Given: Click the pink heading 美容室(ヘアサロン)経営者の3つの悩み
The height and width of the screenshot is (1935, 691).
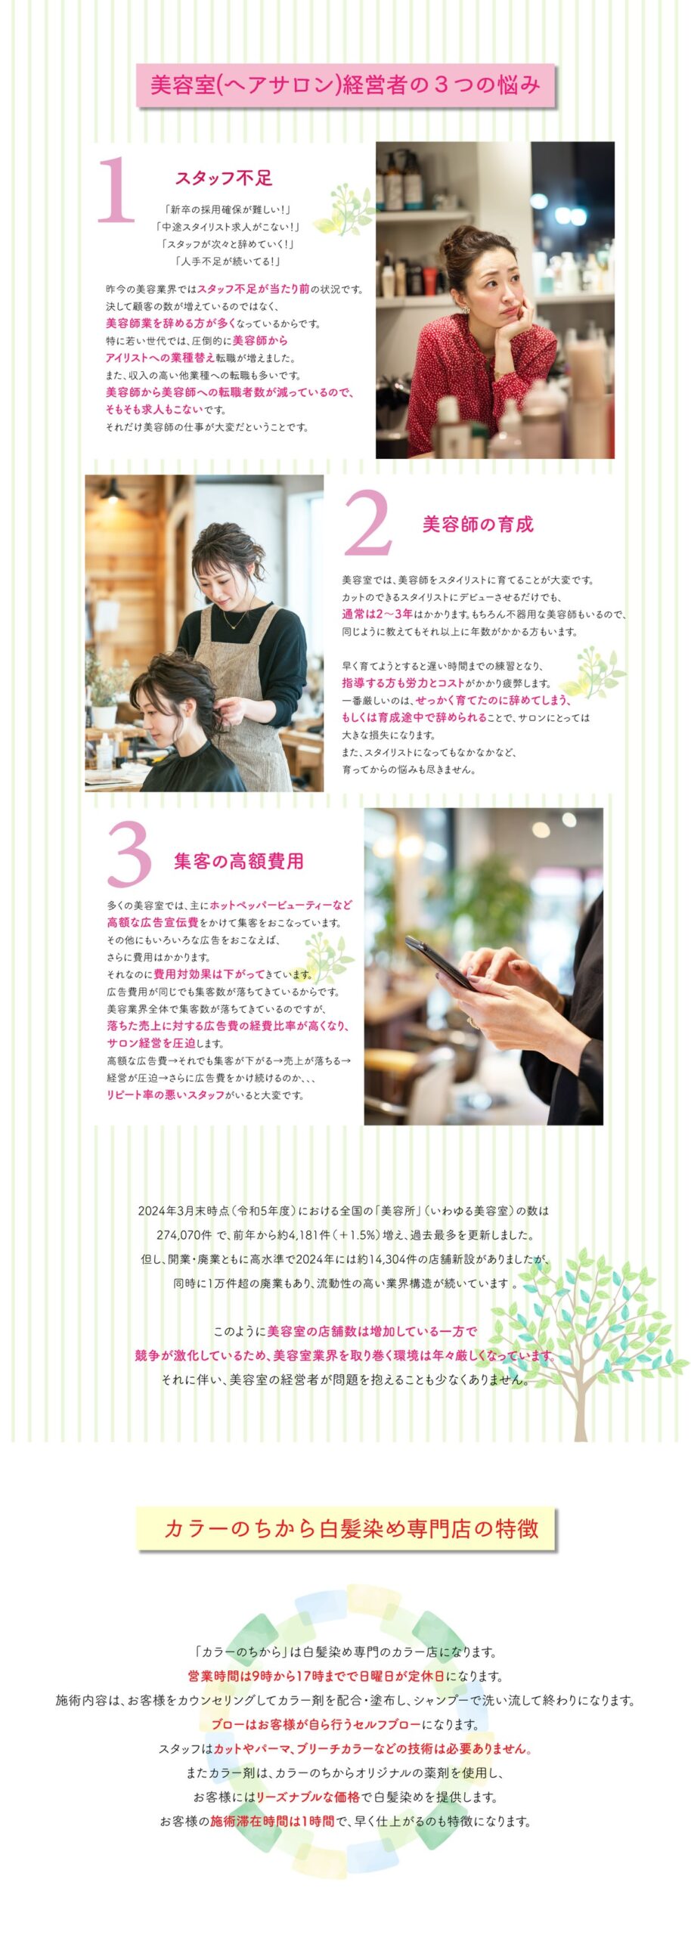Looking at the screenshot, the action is coord(345,84).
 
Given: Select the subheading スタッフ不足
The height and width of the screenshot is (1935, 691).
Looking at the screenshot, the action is coord(224,178).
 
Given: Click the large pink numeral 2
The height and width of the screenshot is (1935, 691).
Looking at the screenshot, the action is coord(368,522).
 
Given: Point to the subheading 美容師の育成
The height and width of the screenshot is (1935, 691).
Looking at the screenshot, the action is coord(478,525).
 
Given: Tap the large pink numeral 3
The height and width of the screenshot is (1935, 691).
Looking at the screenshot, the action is coord(129,854).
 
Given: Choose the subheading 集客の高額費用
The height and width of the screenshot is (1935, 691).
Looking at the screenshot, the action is coord(239,861).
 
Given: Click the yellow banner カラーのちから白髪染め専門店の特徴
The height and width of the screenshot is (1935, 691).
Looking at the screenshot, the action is coord(347,1529).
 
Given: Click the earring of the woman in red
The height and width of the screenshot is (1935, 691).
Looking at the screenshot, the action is coord(466,310).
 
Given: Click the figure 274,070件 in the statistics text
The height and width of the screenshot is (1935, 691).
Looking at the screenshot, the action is coord(184,1236).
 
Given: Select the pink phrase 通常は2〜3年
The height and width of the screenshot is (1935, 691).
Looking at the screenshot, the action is coord(377,614).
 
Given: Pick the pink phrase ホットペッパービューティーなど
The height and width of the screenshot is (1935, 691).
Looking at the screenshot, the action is coord(281,905).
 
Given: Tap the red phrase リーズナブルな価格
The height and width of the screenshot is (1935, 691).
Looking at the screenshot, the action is coord(307,1797).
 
